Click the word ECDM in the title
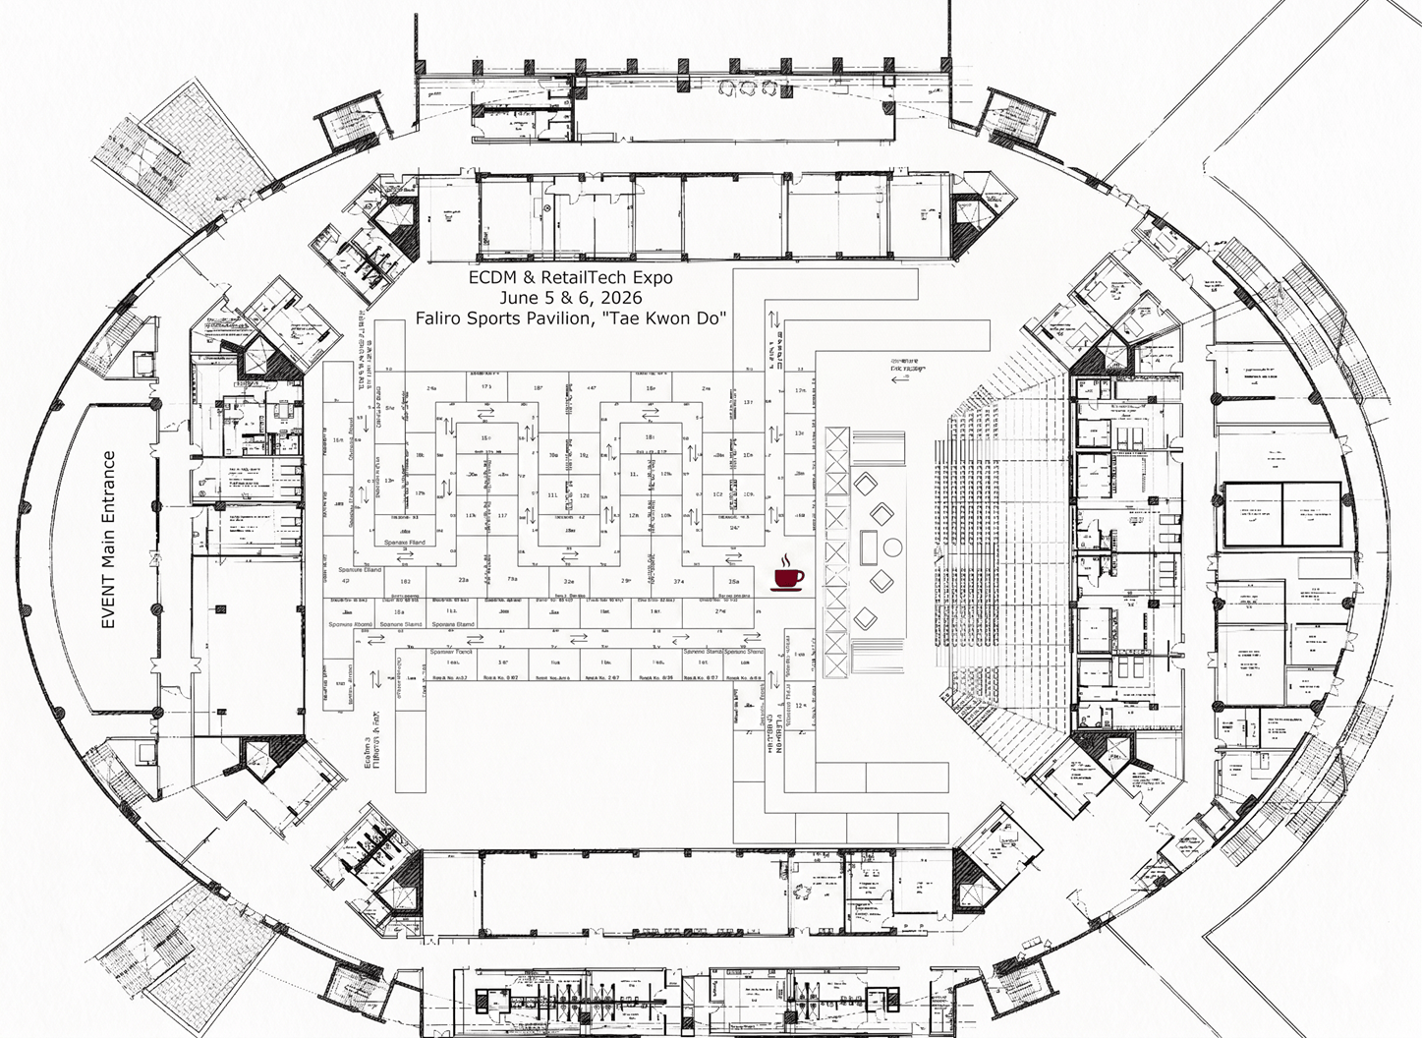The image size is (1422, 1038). tap(490, 277)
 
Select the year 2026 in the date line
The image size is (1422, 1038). tap(621, 297)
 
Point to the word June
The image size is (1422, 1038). tap(519, 297)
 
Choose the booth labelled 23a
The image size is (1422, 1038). tap(463, 581)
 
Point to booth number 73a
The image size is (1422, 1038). tap(512, 580)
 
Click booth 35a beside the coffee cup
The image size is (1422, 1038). tap(733, 582)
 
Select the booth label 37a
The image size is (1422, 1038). tap(678, 582)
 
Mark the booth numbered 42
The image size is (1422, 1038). tap(345, 582)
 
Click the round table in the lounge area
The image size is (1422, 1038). tap(892, 546)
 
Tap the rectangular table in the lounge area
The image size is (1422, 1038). tap(869, 545)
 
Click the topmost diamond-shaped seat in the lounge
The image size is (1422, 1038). tap(865, 483)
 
